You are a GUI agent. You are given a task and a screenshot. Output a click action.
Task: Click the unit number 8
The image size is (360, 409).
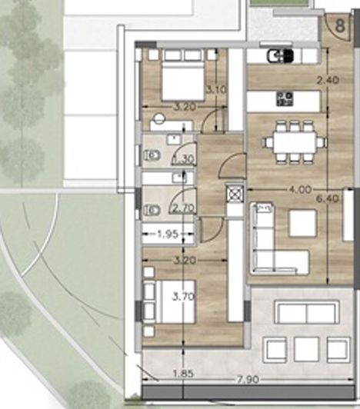click(x=340, y=25)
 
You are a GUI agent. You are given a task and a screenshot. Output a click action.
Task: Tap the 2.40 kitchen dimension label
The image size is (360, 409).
click(x=328, y=80)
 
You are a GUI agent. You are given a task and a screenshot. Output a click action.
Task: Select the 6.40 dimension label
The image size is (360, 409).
click(x=328, y=199)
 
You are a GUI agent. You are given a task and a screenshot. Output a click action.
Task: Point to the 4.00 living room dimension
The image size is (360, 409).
click(x=300, y=189)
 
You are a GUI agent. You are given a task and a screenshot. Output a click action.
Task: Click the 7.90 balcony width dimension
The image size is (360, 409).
click(x=248, y=379)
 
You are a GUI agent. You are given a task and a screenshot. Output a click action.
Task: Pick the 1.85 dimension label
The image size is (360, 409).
click(x=183, y=374)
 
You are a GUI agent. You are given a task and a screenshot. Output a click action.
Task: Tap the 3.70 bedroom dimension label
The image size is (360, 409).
click(x=184, y=297)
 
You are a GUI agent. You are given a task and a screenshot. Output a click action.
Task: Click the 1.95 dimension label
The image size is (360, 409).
click(x=168, y=234)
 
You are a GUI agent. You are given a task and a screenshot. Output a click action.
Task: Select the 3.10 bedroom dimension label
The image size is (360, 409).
click(x=216, y=90)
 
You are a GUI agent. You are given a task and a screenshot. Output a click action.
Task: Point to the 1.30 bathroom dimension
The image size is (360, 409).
click(x=184, y=159)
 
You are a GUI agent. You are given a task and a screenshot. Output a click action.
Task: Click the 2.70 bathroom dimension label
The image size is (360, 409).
click(x=184, y=208)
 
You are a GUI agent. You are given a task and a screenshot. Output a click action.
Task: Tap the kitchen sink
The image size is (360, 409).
click(x=280, y=56)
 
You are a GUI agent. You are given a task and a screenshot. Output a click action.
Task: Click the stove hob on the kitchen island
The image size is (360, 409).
click(x=285, y=99)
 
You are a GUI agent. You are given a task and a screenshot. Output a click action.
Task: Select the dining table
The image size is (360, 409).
click(x=295, y=142)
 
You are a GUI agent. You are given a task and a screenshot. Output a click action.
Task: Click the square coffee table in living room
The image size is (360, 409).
click(x=303, y=223)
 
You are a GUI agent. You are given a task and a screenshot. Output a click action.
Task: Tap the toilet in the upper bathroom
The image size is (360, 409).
click(x=152, y=156)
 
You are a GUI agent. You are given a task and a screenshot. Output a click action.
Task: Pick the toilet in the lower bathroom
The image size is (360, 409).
click(x=152, y=210)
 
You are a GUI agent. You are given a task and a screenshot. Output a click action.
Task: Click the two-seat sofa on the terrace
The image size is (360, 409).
click(x=307, y=312)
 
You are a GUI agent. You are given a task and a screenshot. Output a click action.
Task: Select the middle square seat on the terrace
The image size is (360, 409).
click(x=306, y=350)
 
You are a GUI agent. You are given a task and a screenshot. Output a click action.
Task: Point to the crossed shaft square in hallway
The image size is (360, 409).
click(x=235, y=194)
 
